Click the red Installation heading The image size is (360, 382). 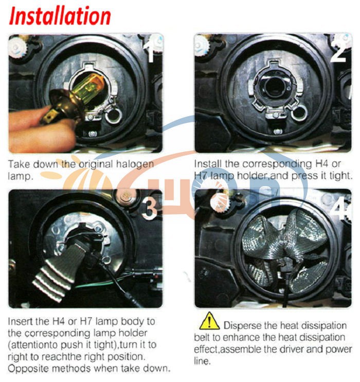coord(60,16)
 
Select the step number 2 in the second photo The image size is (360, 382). coord(339,50)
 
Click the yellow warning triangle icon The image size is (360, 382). coord(209,321)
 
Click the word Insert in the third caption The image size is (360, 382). coord(21,321)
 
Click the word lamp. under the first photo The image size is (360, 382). coord(21,177)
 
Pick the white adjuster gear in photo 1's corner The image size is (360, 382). coord(17,47)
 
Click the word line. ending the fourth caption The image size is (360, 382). coord(202,361)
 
